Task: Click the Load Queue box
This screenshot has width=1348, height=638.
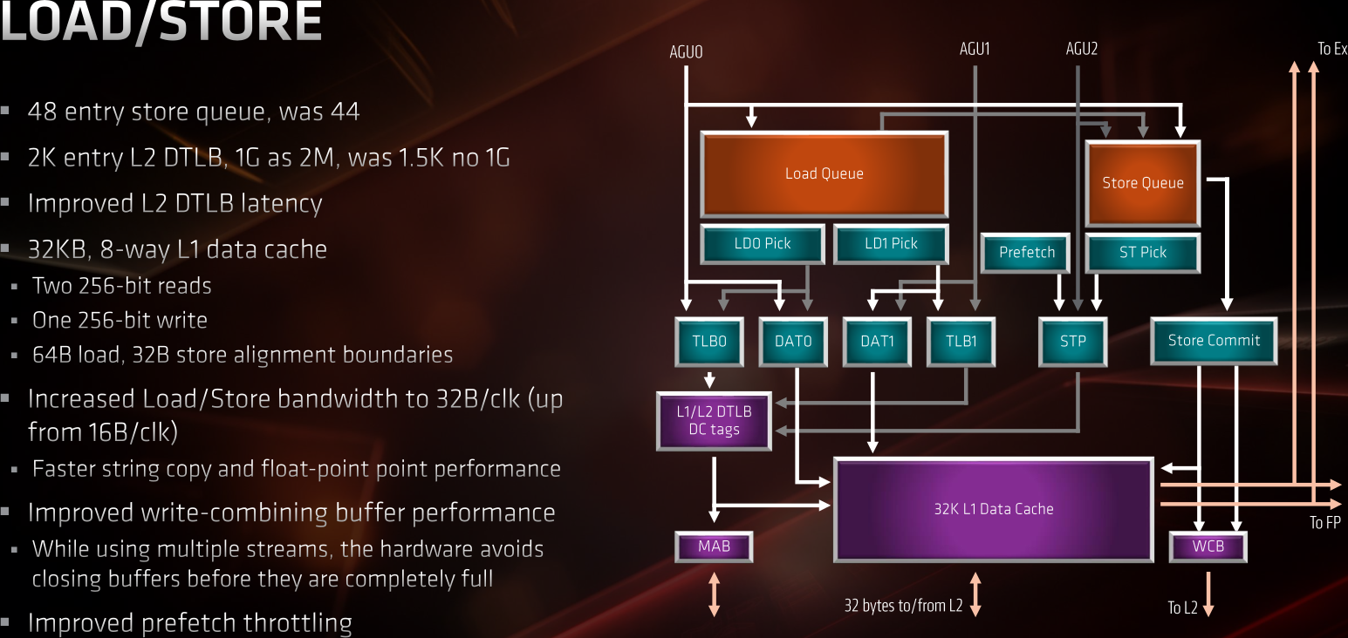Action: click(824, 173)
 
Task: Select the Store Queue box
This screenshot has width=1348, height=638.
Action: click(1142, 183)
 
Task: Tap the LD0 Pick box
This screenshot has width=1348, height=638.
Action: click(762, 244)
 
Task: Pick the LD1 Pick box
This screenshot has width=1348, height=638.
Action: click(891, 244)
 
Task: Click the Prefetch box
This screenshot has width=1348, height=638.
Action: click(1026, 253)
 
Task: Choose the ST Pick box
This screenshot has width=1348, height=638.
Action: click(1142, 253)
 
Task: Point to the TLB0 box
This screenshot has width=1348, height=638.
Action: click(708, 341)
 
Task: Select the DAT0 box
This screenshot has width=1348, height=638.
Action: click(792, 341)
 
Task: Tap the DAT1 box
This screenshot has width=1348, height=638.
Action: click(877, 341)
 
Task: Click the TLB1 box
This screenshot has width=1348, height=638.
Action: click(961, 341)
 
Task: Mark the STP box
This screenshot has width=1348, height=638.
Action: click(1072, 341)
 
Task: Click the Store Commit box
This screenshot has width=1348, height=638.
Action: click(1214, 341)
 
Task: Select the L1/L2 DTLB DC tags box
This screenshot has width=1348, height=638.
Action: click(714, 421)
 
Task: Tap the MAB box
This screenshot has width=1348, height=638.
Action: click(714, 547)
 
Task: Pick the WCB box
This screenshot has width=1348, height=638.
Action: click(1208, 547)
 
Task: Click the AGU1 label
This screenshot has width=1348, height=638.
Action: click(975, 50)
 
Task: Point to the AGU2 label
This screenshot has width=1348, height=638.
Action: click(1081, 50)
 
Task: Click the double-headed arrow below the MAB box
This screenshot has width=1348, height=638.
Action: click(714, 594)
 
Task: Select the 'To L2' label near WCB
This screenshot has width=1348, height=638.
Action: click(1182, 608)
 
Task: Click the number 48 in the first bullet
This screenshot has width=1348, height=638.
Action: click(43, 112)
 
